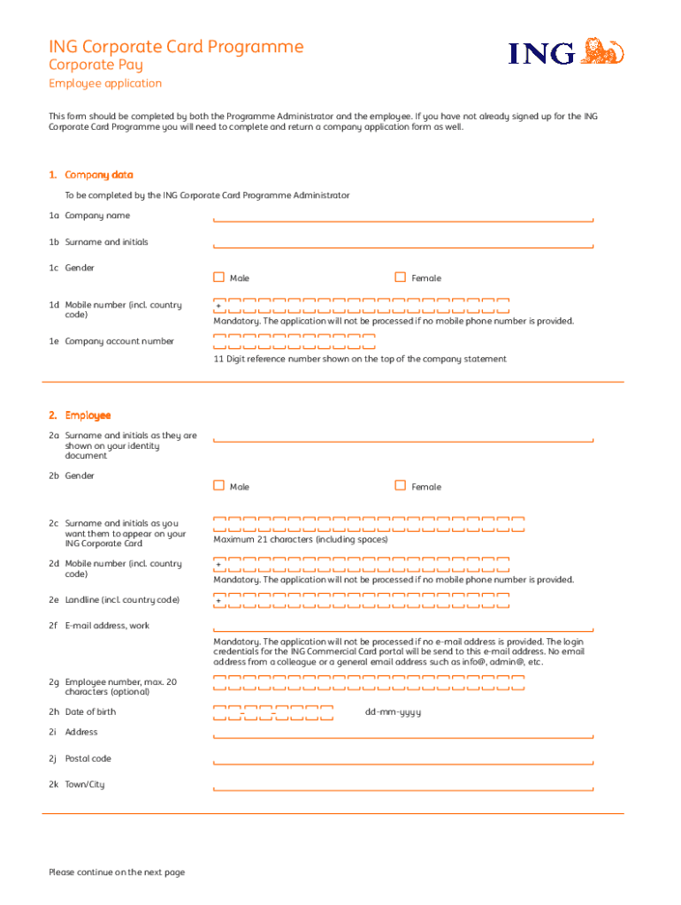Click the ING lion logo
[604, 50]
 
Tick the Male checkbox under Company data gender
[218, 278]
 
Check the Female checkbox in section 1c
[401, 278]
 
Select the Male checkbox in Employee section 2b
[218, 485]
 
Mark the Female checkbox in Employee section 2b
[401, 485]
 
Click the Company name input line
[402, 219]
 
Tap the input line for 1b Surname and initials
[402, 246]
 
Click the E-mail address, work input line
[402, 629]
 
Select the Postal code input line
[402, 762]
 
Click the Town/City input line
[402, 787]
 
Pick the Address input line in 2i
[402, 735]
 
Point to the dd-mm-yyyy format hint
[393, 712]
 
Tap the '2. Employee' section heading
[80, 415]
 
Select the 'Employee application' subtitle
[105, 83]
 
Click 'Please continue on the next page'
[117, 872]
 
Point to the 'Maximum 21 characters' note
[300, 539]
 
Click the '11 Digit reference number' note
[359, 359]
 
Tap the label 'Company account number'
[119, 341]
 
